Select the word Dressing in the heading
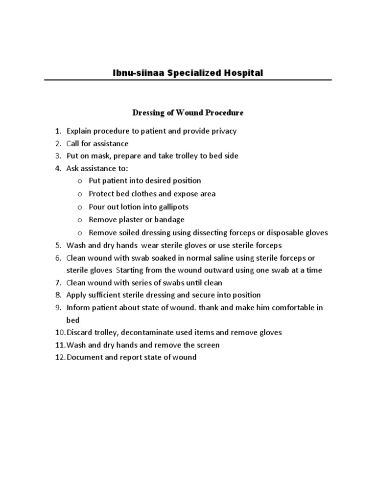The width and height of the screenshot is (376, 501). point(148,113)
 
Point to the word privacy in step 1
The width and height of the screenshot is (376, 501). point(222,131)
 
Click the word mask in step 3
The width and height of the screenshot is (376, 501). point(101,156)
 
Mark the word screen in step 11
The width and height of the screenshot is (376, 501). point(208,345)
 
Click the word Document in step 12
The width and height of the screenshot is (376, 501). point(85,357)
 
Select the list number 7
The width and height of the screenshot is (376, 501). point(57,283)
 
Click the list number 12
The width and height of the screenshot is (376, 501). point(59,357)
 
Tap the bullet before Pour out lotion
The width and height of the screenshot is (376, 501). point(80,207)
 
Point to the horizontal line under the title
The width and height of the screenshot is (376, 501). point(188,80)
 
